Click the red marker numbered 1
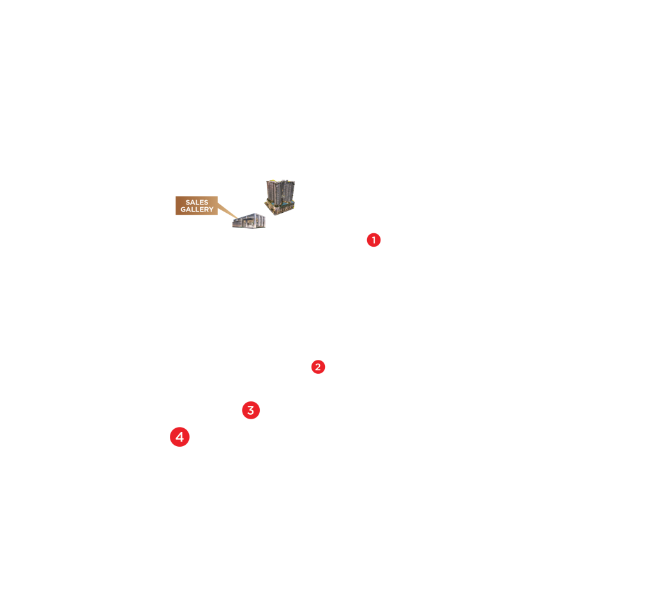(x=373, y=240)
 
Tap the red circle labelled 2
(x=318, y=367)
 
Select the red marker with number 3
(x=251, y=410)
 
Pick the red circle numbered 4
(x=180, y=437)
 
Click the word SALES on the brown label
(x=197, y=203)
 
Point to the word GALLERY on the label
(x=197, y=210)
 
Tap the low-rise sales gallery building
(x=249, y=221)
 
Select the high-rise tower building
(x=280, y=195)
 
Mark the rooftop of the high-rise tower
(x=280, y=182)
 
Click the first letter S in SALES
(x=188, y=203)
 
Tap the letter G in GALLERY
(x=183, y=210)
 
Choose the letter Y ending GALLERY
(x=211, y=210)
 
